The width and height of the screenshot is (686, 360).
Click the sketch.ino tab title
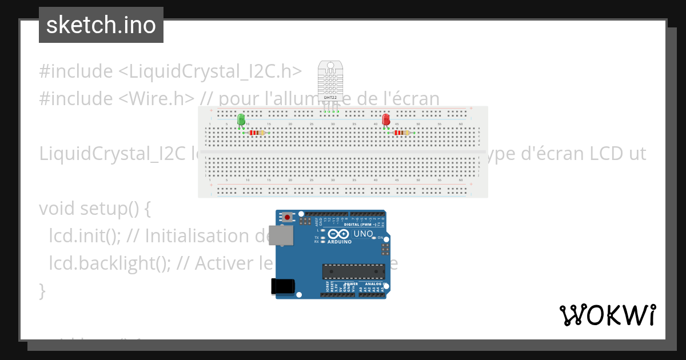pos(101,25)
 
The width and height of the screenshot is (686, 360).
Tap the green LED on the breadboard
pos(241,119)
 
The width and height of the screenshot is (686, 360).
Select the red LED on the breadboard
pos(386,119)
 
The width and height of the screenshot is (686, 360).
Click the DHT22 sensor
pos(330,79)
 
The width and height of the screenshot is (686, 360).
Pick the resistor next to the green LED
pos(257,133)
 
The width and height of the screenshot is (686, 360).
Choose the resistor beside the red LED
pos(402,133)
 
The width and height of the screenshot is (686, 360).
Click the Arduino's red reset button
pos(287,217)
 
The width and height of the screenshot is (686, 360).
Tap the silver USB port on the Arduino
pos(281,235)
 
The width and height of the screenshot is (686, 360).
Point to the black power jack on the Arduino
pos(282,286)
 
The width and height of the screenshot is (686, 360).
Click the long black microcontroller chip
pos(353,271)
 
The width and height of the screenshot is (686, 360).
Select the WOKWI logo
pos(607,315)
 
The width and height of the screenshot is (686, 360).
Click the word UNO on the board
pos(363,234)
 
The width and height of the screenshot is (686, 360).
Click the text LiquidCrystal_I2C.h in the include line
pos(210,71)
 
